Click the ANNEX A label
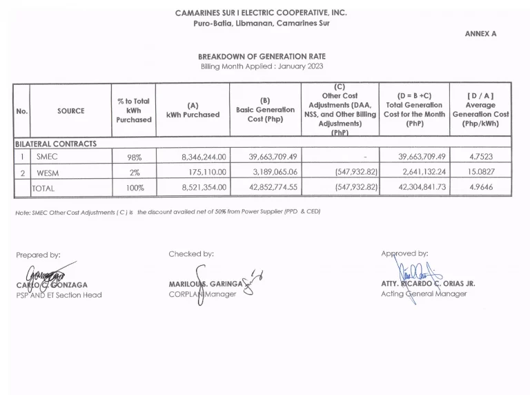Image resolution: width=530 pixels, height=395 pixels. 480,33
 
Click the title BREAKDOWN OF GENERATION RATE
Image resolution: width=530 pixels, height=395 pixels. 262,56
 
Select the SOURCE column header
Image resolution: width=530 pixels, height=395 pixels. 71,111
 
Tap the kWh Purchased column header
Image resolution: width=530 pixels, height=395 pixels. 193,110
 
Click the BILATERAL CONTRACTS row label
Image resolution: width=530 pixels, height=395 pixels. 55,144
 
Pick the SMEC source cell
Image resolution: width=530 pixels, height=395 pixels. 47,157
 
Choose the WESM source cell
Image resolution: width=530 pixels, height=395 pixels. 48,173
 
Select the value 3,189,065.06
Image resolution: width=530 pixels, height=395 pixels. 273,173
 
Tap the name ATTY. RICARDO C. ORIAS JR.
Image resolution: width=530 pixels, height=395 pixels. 428,284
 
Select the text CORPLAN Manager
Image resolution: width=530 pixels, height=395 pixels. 202,294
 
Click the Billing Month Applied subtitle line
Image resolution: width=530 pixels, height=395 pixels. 262,66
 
